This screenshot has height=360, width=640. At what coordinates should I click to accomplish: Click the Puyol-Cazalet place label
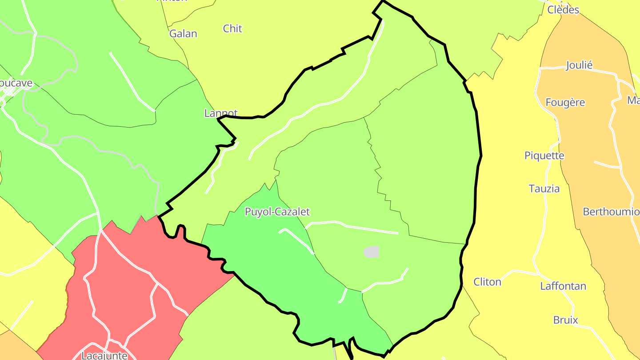[277, 212]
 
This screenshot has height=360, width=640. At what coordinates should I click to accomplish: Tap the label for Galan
[183, 33]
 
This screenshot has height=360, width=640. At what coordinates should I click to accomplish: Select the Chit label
[232, 28]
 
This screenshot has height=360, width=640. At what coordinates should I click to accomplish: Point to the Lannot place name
[221, 113]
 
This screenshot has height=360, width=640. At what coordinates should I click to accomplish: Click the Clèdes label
[563, 9]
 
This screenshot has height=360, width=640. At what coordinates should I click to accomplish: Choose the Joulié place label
[579, 65]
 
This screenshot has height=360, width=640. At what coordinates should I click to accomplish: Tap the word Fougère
[565, 102]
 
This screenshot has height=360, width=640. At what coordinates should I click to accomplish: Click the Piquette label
[544, 156]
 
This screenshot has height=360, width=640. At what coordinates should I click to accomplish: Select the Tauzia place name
[544, 188]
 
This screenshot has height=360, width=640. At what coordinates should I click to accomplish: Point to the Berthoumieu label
[611, 211]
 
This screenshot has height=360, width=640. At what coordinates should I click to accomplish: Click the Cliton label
[487, 282]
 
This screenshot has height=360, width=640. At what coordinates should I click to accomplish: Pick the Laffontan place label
[563, 286]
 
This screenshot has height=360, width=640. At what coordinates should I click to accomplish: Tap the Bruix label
[565, 320]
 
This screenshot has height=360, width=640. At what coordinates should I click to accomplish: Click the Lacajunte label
[104, 355]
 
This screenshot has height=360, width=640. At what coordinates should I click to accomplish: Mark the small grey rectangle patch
[372, 252]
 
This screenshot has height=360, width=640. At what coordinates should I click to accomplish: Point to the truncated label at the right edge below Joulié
[633, 100]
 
